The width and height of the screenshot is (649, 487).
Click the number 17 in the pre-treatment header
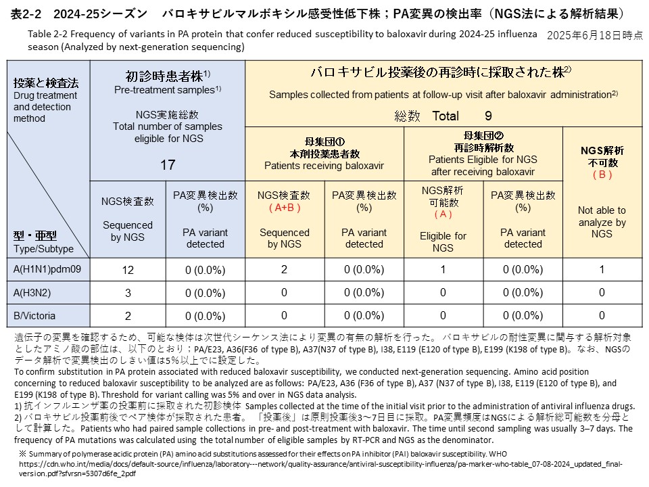pyautogui.click(x=168, y=164)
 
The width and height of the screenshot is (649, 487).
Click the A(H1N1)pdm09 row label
pyautogui.click(x=47, y=270)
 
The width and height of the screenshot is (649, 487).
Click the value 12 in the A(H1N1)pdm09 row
pyautogui.click(x=128, y=270)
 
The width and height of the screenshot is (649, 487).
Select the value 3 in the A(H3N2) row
pyautogui.click(x=128, y=293)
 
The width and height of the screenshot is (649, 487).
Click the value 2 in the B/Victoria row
pyautogui.click(x=128, y=315)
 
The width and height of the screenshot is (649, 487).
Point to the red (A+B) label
pyautogui.click(x=285, y=206)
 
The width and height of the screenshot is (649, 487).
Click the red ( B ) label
pyautogui.click(x=602, y=175)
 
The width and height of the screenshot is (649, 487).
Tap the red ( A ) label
pyautogui.click(x=443, y=214)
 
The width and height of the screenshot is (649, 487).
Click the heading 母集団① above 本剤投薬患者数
pyautogui.click(x=324, y=141)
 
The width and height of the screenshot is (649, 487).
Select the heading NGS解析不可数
pyautogui.click(x=602, y=156)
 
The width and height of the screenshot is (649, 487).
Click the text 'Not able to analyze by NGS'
pyautogui.click(x=602, y=222)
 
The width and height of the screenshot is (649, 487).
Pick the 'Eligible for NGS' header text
pyautogui.click(x=443, y=242)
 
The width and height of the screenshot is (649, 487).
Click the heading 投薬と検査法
pyautogui.click(x=46, y=83)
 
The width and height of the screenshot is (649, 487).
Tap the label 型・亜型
pyautogui.click(x=34, y=235)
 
